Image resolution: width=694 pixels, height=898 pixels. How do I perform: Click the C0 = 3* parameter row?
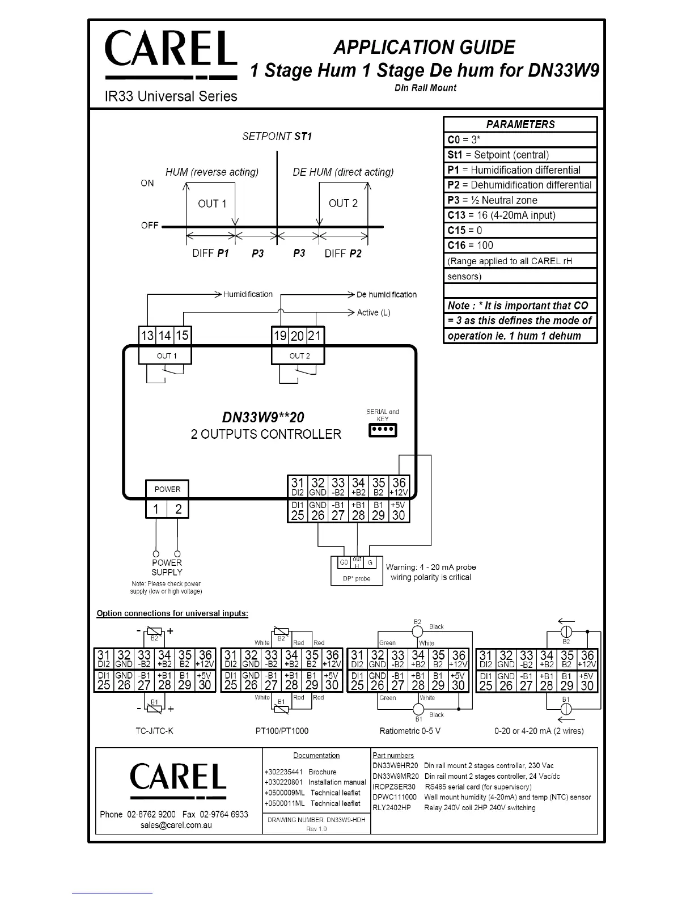pyautogui.click(x=520, y=140)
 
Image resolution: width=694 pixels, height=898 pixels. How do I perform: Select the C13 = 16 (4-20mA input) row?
pyautogui.click(x=520, y=215)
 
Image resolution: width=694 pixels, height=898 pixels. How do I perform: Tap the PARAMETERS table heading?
pyautogui.click(x=520, y=125)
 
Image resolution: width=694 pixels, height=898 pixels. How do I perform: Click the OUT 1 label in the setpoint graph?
pyautogui.click(x=211, y=204)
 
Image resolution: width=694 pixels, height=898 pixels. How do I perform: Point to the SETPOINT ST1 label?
pyautogui.click(x=277, y=137)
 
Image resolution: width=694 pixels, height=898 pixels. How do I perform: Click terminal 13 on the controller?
pyautogui.click(x=147, y=336)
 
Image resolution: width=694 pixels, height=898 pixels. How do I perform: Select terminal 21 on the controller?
pyautogui.click(x=315, y=336)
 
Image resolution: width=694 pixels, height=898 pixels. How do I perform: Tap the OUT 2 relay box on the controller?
pyautogui.click(x=299, y=356)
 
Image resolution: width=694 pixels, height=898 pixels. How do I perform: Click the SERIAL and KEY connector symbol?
pyautogui.click(x=383, y=430)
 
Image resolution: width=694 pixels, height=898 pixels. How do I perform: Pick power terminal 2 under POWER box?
pyautogui.click(x=178, y=509)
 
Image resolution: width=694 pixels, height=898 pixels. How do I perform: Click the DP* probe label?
pyautogui.click(x=357, y=579)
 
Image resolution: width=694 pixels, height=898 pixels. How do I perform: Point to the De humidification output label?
pyautogui.click(x=386, y=295)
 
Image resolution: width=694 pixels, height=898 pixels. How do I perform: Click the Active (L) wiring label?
pyautogui.click(x=374, y=312)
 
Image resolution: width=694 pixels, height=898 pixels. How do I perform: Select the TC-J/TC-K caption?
pyautogui.click(x=154, y=731)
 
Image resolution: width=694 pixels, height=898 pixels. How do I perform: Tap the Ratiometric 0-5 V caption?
pyautogui.click(x=410, y=731)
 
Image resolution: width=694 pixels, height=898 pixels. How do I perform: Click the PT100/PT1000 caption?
pyautogui.click(x=282, y=731)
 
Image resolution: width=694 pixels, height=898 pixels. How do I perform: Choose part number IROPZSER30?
pyautogui.click(x=394, y=787)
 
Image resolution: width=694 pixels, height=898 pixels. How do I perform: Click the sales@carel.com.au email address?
pyautogui.click(x=176, y=825)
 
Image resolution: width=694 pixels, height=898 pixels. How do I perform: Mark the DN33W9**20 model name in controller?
pyautogui.click(x=263, y=417)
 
